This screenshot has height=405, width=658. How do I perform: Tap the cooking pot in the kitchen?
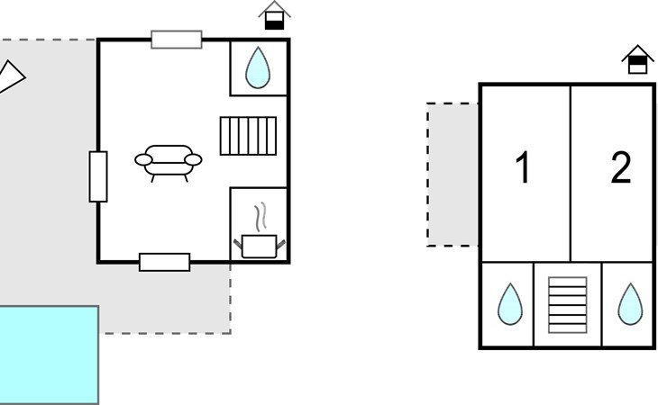260,247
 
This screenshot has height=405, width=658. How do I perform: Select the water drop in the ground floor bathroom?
258,67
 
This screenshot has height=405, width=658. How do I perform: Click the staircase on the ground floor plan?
248,136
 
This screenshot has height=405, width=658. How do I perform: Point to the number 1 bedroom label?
523,167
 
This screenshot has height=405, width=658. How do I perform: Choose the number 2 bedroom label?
621,167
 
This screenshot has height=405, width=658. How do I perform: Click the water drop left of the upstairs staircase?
510,304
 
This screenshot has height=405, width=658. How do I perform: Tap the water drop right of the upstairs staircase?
630,304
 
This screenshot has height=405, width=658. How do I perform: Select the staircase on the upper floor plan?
567,305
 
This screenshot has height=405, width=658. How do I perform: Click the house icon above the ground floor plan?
274,15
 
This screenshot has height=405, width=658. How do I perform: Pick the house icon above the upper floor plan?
637,59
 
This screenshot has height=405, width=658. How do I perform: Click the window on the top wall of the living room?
177,40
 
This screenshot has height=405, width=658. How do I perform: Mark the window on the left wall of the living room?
98,176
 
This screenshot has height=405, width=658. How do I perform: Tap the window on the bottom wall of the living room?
164,262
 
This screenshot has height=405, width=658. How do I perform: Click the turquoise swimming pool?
49,355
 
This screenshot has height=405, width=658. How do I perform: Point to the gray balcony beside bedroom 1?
452,175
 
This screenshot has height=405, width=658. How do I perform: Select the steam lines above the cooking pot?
260,217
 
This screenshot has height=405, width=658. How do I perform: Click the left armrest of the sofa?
143,159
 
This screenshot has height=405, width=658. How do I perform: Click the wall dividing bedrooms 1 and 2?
571,174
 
